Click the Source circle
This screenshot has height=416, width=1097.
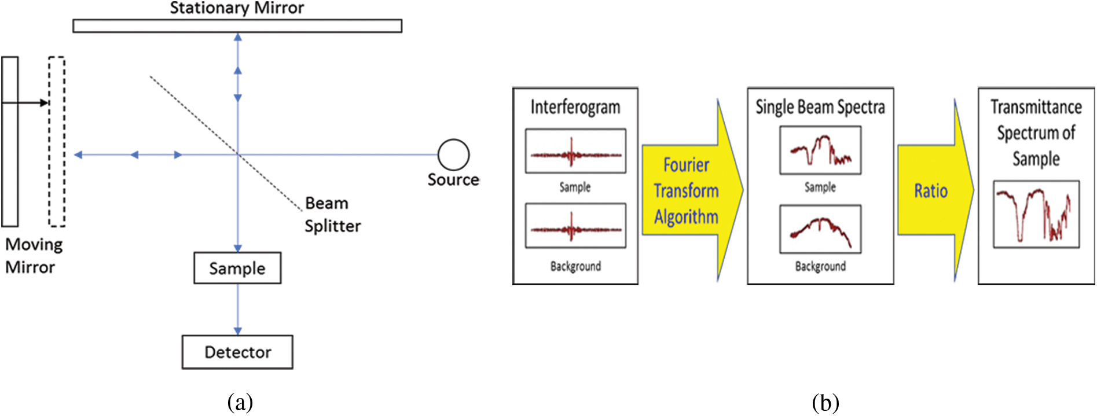[x=453, y=154]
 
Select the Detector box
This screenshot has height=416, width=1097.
[x=237, y=352]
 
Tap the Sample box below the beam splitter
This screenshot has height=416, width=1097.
[x=237, y=268]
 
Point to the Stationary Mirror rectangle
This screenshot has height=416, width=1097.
[x=237, y=25]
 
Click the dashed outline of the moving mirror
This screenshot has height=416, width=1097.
[x=57, y=141]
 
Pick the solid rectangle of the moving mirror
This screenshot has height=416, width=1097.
[x=10, y=141]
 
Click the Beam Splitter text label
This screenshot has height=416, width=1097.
[x=332, y=215]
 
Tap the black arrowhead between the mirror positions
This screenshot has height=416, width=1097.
[x=45, y=103]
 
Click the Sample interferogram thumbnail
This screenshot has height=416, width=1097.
[x=575, y=151]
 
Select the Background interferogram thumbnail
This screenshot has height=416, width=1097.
[x=575, y=226]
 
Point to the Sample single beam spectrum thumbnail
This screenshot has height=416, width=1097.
[x=820, y=150]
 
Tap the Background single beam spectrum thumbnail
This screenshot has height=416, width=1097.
[x=820, y=229]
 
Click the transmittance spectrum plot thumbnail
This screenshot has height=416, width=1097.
[x=1036, y=214]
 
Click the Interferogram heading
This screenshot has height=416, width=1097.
[x=575, y=107]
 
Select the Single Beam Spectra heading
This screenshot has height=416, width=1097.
[x=820, y=107]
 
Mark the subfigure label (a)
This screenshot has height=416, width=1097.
[x=240, y=402]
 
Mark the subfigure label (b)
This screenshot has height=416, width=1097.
[x=825, y=402]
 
